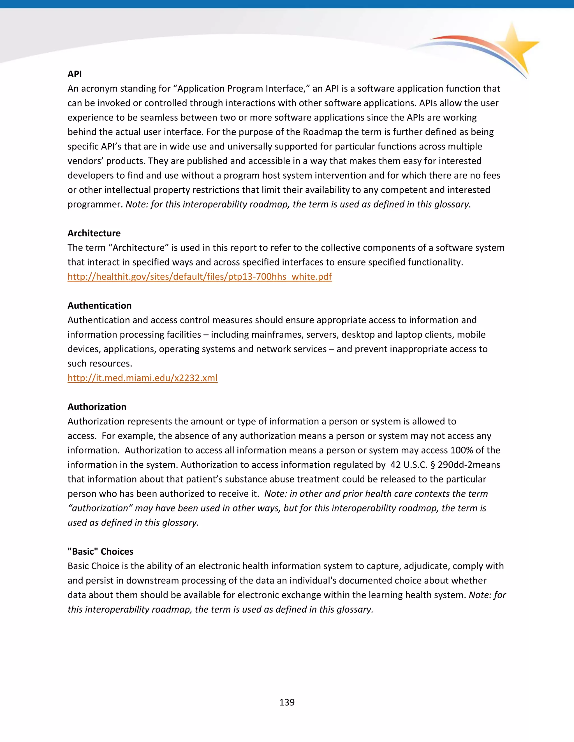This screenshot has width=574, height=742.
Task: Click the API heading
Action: pos(75,74)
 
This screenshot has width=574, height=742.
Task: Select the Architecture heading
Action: pos(94,233)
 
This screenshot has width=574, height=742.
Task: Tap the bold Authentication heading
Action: pos(99,305)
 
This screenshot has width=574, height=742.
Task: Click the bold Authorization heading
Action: pos(97,407)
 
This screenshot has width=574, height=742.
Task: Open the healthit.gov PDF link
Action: pos(200,277)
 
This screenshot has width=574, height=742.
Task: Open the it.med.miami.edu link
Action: pos(142,378)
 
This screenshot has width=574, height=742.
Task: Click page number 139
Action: pos(287,702)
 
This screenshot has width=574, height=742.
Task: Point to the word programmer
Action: pos(94,204)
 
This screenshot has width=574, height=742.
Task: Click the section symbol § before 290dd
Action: pos(432,465)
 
